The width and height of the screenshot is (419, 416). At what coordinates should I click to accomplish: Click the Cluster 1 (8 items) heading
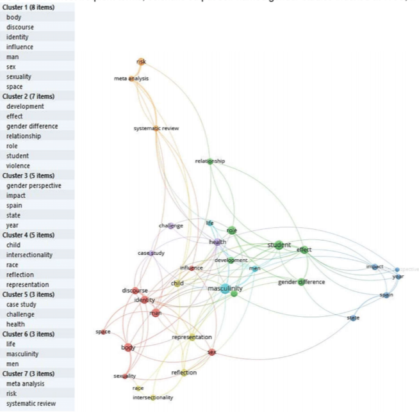tap(31, 7)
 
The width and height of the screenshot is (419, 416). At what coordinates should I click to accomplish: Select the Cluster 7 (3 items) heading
tap(31, 374)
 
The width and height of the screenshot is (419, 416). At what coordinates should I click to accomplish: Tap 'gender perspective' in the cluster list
tap(33, 186)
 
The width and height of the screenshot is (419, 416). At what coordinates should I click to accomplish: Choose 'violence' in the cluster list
tap(18, 166)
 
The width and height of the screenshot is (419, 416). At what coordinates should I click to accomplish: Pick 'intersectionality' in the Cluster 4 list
tap(29, 255)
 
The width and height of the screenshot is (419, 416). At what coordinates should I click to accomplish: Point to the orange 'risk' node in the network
tap(142, 61)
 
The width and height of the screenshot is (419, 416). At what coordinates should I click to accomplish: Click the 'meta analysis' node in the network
tap(133, 79)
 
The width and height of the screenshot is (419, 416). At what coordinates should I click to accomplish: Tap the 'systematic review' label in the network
tap(156, 128)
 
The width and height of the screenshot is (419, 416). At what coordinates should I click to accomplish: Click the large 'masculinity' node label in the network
tap(225, 289)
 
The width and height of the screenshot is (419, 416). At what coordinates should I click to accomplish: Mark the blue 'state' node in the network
tap(354, 317)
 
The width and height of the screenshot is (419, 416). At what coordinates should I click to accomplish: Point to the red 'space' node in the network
tap(104, 332)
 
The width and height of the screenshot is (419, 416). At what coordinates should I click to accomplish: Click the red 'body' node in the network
tap(128, 348)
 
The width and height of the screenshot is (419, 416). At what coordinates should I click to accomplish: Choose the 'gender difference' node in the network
tap(301, 282)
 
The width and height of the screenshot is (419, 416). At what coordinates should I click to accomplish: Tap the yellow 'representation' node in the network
tap(192, 337)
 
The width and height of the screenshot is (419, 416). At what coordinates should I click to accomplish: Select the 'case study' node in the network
tap(151, 253)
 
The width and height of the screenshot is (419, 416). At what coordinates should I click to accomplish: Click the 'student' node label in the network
tap(279, 244)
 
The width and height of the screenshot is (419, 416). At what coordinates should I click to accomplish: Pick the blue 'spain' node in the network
tap(386, 295)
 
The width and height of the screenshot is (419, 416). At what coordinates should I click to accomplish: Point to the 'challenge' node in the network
tap(171, 225)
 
